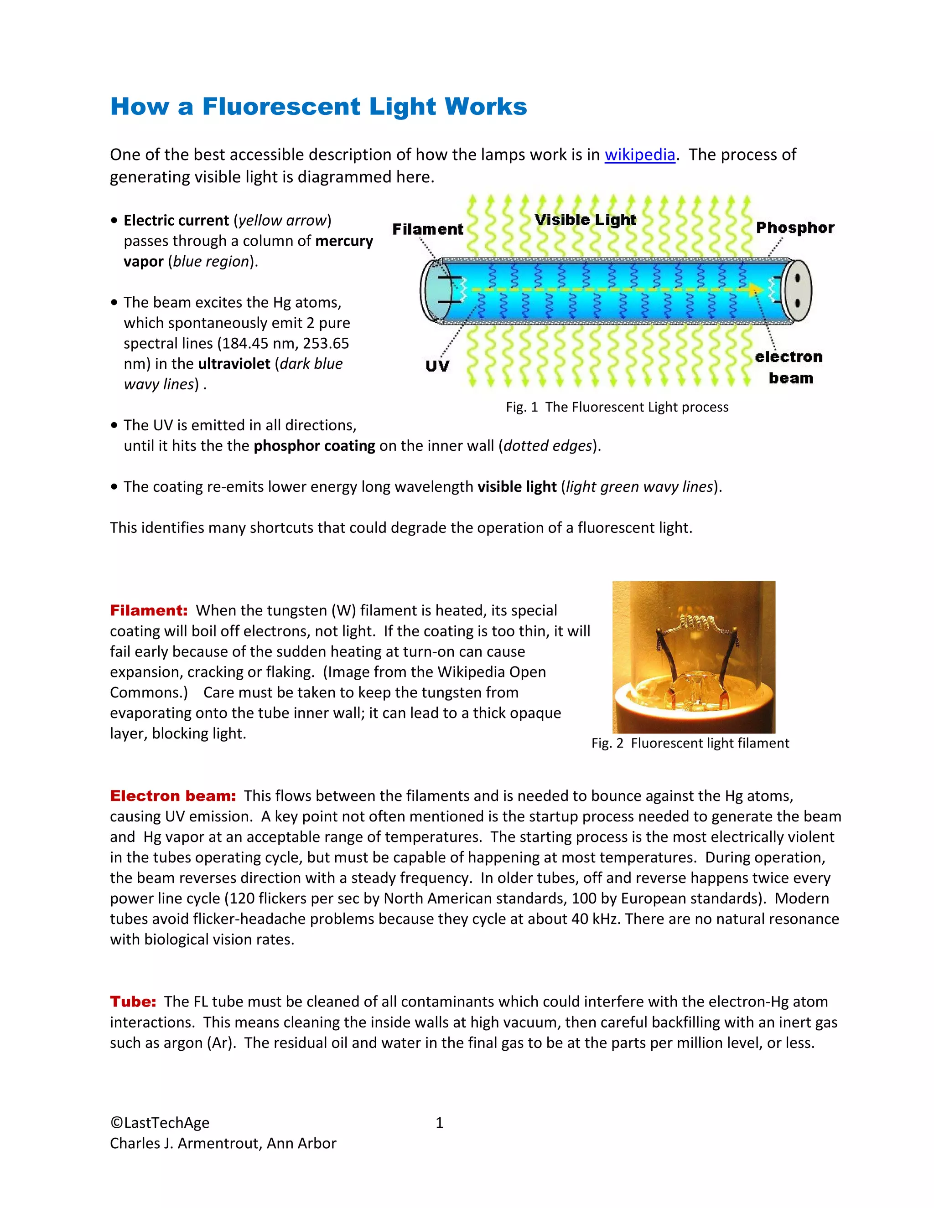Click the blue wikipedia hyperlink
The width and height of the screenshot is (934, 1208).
pos(640,155)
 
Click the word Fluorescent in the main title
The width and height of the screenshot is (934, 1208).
pos(281,107)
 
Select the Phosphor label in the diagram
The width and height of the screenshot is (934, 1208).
pos(794,227)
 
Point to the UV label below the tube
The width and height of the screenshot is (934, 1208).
pos(437,366)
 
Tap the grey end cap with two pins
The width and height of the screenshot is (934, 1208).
pos(798,290)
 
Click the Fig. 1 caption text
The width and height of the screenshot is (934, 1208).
pos(617,407)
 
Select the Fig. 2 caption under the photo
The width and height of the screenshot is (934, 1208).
pos(690,743)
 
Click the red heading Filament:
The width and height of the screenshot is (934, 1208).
pos(149,611)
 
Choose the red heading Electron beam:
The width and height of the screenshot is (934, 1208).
pos(173,796)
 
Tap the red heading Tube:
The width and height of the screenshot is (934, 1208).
pos(133,1002)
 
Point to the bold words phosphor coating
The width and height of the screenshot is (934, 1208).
pos(314,446)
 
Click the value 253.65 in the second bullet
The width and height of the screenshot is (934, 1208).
pos(326,344)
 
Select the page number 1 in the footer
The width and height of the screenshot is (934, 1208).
pos(439,1123)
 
